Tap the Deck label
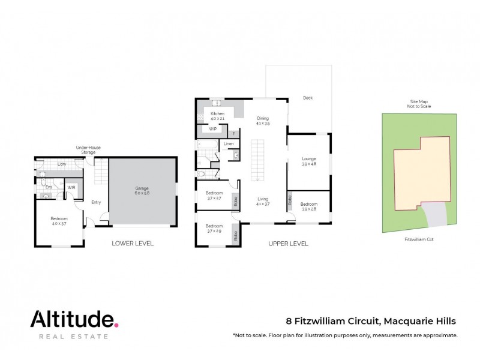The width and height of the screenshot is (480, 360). click(308, 98)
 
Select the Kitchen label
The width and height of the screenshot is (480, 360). click(217, 113)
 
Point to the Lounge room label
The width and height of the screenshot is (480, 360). click(308, 158)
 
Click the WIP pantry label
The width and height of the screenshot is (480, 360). click(212, 129)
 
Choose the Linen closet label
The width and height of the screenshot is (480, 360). click(229, 144)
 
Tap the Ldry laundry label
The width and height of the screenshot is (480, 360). click(61, 164)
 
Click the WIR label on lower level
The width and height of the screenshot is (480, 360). click(71, 187)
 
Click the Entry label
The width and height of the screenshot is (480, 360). click(96, 202)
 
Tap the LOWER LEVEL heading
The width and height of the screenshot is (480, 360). click(133, 244)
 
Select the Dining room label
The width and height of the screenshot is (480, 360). click(263, 118)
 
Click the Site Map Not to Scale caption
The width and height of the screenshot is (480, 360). click(419, 104)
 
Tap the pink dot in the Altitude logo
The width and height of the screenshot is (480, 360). click(116, 324)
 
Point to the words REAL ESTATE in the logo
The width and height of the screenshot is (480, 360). click(73, 337)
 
